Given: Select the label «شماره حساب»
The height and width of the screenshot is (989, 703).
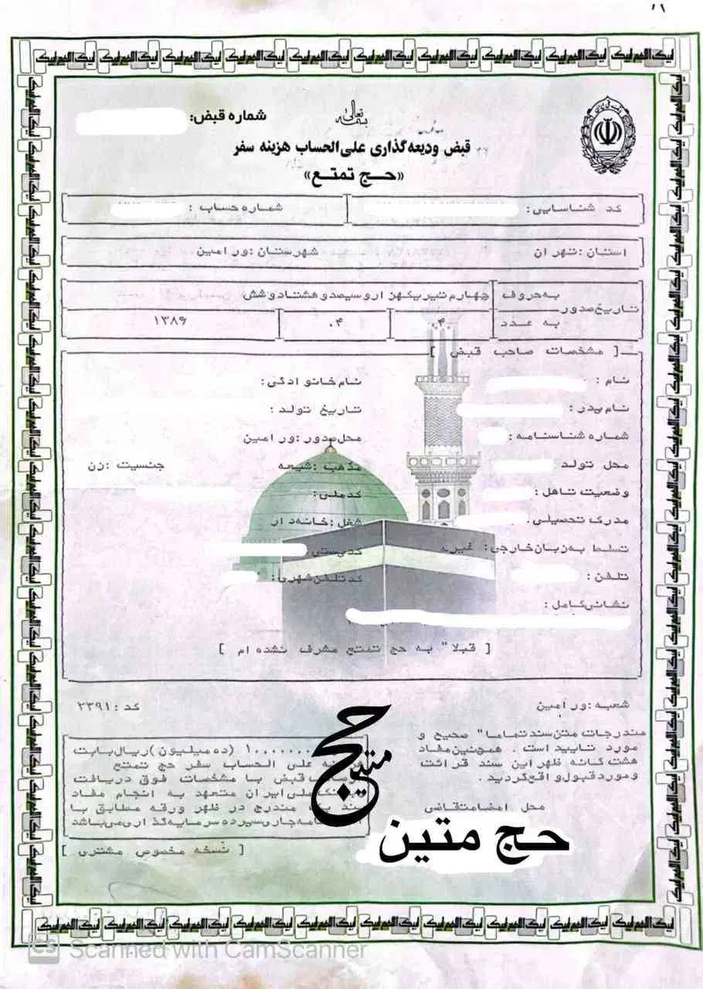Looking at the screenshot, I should click(x=244, y=209).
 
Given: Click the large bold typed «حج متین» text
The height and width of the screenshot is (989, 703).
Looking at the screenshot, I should click(x=472, y=839).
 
